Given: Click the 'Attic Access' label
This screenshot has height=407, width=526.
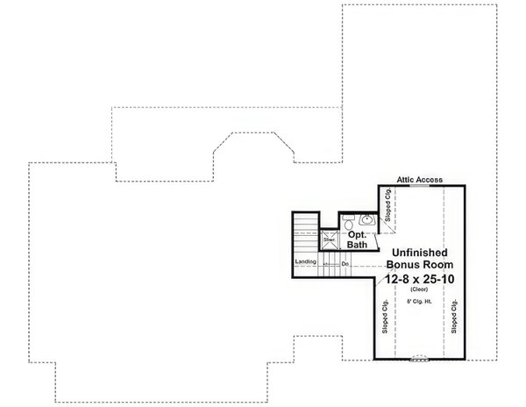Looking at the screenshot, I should point(420,177).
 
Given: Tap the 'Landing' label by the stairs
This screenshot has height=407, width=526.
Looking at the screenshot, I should point(305,262).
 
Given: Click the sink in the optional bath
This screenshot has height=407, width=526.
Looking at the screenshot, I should point(366,220).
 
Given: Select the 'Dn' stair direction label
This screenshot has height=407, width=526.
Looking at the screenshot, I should point(345,263).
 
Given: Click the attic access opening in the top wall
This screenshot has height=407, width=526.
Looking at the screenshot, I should point(420,185).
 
